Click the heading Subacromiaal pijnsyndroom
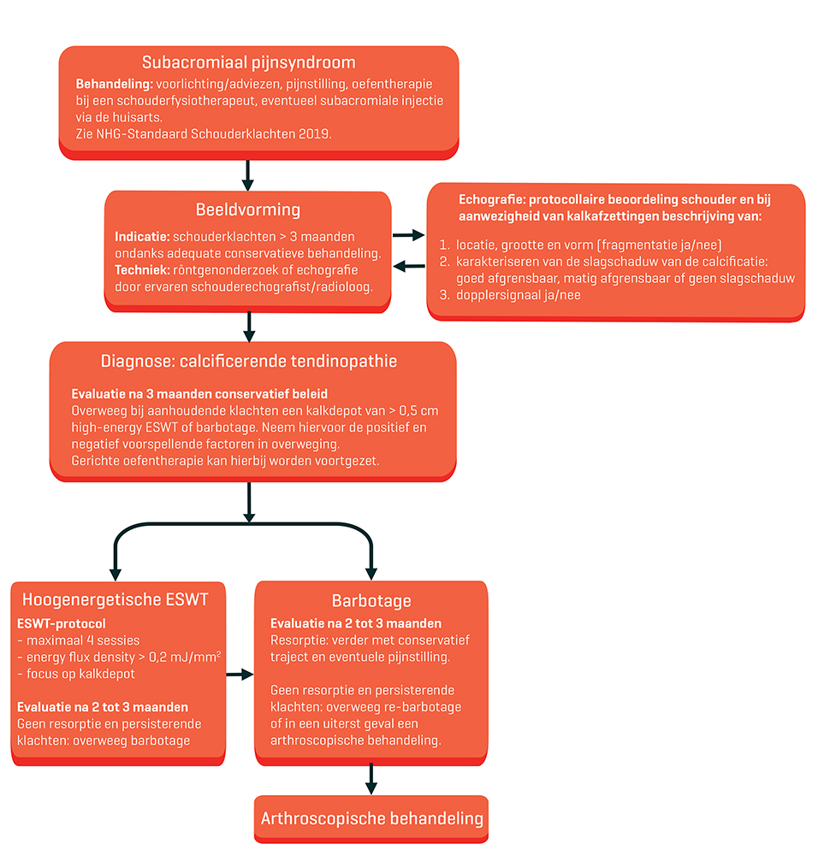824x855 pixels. pyautogui.click(x=249, y=63)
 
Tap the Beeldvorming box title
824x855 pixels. pyautogui.click(x=248, y=210)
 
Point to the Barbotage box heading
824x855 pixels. pyautogui.click(x=371, y=600)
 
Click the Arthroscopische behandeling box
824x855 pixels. pyautogui.click(x=371, y=819)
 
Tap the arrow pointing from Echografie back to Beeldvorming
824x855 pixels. pyautogui.click(x=412, y=267)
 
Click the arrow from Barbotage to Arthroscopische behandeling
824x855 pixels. pyautogui.click(x=371, y=776)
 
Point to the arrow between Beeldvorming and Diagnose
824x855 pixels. pyautogui.click(x=249, y=325)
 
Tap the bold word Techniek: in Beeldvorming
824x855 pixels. pyautogui.click(x=142, y=269)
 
